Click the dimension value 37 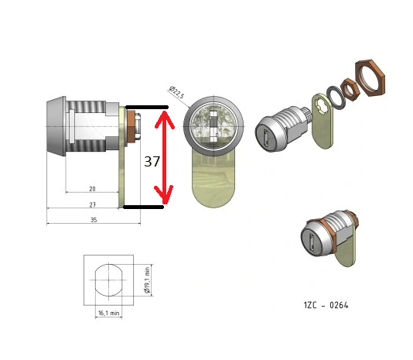click(152, 161)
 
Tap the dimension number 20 click(92, 189)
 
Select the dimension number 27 click(93, 204)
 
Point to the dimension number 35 click(94, 220)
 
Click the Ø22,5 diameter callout click(176, 92)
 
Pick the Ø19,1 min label click(147, 279)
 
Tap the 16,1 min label click(108, 313)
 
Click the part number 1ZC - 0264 click(326, 305)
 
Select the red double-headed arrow click(165, 157)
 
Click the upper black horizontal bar click(147, 107)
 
